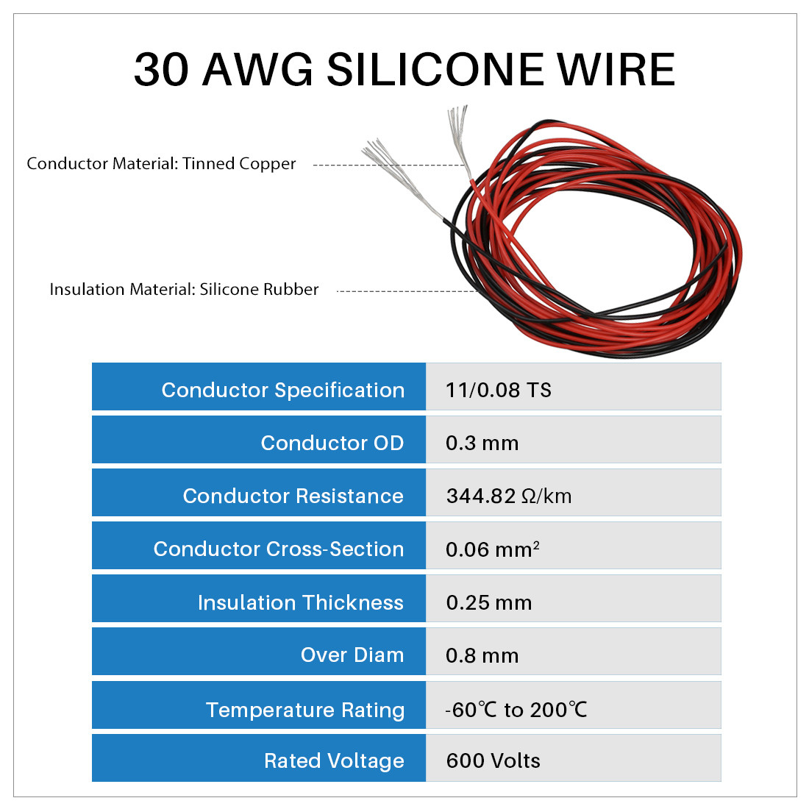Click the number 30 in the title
[162, 69]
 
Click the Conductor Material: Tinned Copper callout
[161, 163]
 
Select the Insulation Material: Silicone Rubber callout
[184, 289]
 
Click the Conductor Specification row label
[282, 390]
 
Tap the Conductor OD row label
[332, 443]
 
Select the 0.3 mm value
[482, 443]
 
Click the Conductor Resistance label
[293, 496]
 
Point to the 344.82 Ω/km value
[509, 496]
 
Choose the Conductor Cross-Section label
[279, 549]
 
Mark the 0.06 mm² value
[493, 549]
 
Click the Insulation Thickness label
[301, 602]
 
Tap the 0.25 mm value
[488, 602]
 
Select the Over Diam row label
[352, 655]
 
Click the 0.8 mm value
[482, 656]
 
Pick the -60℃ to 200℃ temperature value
[516, 710]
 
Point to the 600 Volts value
[493, 760]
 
